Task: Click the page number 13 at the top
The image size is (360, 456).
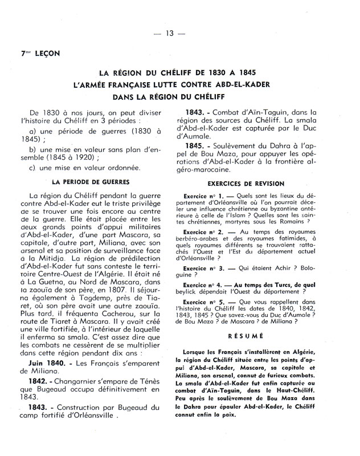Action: click(x=169, y=32)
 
